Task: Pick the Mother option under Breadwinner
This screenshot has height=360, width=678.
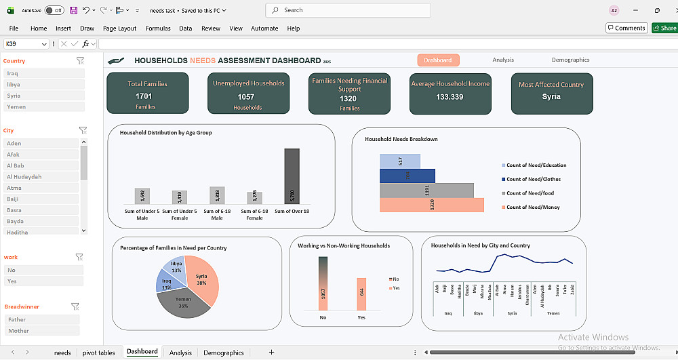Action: point(42,331)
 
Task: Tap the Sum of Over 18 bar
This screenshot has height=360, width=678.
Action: point(292,176)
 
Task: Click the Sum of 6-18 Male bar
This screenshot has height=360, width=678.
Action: point(217,195)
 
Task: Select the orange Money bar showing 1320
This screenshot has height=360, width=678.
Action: point(432,205)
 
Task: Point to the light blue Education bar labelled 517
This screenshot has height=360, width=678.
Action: point(399,161)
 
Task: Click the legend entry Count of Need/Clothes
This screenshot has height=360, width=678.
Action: point(533,179)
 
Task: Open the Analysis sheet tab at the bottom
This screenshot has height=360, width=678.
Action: point(180,353)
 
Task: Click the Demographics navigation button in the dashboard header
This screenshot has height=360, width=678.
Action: point(570,60)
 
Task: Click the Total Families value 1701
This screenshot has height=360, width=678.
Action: point(144,96)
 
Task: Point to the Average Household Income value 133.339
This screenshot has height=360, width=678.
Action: point(450,97)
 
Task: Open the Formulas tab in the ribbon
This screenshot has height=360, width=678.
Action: point(158,28)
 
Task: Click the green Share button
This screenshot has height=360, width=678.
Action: point(664,28)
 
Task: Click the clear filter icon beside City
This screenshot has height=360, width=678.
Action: point(83,130)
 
